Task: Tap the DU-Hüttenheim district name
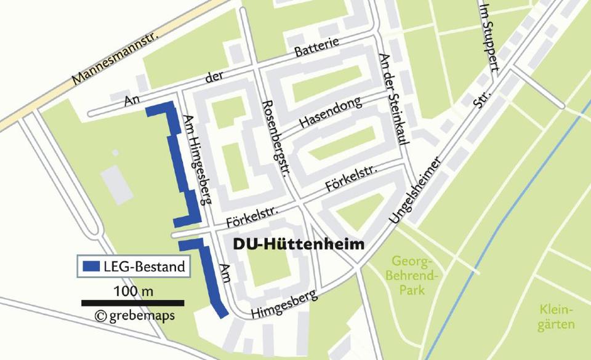click(299, 244)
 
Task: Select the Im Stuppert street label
click(489, 37)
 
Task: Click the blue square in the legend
click(90, 266)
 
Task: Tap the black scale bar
click(133, 302)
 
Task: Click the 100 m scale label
click(133, 289)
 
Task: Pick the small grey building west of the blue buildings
click(117, 184)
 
